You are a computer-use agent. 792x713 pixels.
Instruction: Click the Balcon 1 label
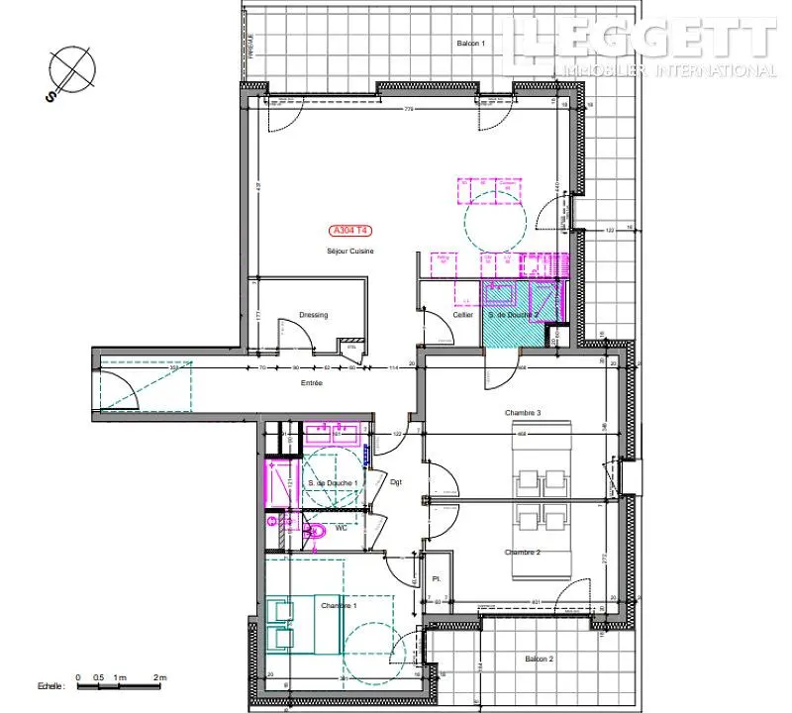(x=470, y=44)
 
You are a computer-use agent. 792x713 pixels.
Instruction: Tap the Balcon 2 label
(x=539, y=659)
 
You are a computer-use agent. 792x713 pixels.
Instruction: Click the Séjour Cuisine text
(x=350, y=252)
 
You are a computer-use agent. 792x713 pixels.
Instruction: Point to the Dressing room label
(x=313, y=315)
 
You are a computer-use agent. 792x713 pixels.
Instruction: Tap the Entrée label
(x=313, y=382)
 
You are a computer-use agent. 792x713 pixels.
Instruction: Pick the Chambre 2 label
(x=521, y=553)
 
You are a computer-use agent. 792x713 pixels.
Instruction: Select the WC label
(x=342, y=529)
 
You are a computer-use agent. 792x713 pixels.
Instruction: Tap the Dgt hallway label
(x=395, y=482)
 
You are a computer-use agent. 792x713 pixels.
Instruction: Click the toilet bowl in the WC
(x=316, y=532)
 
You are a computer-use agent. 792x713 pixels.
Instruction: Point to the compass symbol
(x=73, y=70)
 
